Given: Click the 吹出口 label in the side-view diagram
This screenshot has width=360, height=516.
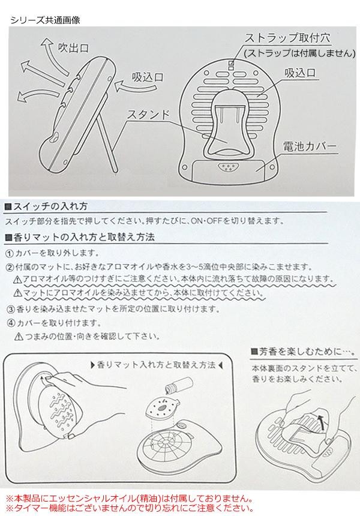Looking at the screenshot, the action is tap(73, 48).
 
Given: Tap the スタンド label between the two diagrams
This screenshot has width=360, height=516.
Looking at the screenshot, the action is tap(148, 115).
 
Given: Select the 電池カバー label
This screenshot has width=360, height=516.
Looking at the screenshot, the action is tap(310, 146).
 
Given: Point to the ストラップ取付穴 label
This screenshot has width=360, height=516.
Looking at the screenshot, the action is tap(287, 38).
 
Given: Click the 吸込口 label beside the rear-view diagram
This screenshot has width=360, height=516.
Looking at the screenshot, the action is tap(300, 73).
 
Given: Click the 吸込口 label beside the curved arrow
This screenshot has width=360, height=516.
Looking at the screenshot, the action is tap(148, 77).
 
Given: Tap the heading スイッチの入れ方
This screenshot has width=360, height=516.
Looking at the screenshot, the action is tap(46, 206).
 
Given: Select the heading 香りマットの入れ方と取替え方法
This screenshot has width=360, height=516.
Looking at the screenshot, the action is tap(80, 238).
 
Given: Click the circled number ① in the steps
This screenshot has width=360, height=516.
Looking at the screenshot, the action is tap(10, 253).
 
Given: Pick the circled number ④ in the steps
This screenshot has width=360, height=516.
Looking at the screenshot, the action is tap(11, 323).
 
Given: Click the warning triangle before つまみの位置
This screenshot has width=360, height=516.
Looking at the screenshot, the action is tap(19, 337).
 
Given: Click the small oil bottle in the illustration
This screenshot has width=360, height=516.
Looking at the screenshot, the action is tap(179, 385).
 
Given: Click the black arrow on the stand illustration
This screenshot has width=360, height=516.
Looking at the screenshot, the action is tap(322, 422).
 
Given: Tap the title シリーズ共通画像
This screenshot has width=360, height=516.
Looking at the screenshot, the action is tap(46, 20).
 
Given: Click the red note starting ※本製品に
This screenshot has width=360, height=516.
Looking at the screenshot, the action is tap(130, 499).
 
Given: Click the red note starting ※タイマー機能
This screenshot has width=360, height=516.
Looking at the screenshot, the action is tap(130, 508).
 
